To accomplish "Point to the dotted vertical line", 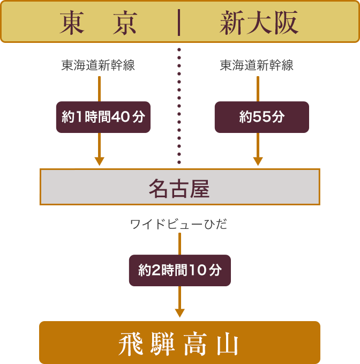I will pyautogui.click(x=179, y=107).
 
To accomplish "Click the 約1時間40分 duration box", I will pyautogui.click(x=103, y=117).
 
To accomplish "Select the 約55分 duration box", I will pyautogui.click(x=261, y=117).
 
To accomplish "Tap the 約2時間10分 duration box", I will pyautogui.click(x=179, y=271).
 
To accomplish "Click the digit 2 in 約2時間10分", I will pyautogui.click(x=156, y=271).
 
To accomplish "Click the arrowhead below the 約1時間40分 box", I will pyautogui.click(x=99, y=161).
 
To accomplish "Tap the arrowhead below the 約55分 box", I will pyautogui.click(x=258, y=161).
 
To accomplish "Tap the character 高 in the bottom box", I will pyautogui.click(x=195, y=344).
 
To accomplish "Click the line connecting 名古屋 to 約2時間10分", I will pyautogui.click(x=179, y=243).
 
